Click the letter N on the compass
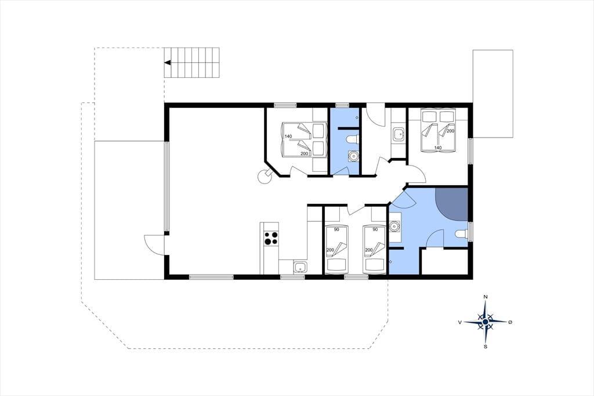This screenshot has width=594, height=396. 486,297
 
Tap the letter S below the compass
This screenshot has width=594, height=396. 486,346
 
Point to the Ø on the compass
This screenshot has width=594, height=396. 510,322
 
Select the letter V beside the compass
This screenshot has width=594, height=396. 460,322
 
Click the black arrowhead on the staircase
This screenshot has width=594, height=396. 167,63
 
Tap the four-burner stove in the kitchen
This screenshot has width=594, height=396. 271,238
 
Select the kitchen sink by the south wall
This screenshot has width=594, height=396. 301,267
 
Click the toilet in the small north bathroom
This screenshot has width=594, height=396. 352,140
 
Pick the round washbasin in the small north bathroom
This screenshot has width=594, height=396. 353,156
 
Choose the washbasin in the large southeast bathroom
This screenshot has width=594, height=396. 395,227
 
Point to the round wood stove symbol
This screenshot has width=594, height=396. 264,177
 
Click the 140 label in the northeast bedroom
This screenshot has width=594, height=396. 438,147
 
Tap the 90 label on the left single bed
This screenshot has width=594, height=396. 336,229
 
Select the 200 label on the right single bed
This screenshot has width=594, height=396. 368,250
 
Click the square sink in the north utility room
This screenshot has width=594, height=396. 399,134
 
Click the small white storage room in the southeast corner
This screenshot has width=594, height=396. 445,262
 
